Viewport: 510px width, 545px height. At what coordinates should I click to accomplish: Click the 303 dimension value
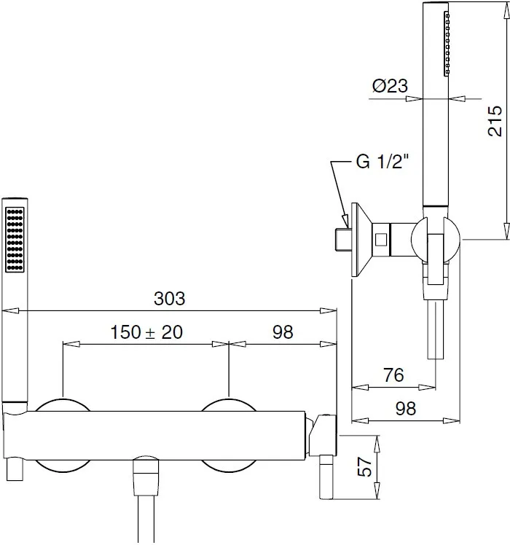tap(169, 299)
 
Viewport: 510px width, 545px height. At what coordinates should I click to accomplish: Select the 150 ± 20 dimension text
tap(146, 332)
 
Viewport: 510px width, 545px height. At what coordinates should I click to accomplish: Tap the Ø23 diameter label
tap(390, 86)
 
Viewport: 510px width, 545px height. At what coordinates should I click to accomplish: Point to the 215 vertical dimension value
tap(495, 121)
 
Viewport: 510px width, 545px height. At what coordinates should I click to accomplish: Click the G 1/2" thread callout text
tap(382, 161)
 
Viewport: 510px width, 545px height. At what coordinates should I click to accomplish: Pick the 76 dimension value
tap(393, 375)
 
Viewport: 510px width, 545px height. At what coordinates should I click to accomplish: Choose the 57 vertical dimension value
tap(364, 466)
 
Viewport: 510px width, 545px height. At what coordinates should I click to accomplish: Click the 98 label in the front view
tap(283, 332)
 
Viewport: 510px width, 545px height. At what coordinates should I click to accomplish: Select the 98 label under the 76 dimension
tap(406, 408)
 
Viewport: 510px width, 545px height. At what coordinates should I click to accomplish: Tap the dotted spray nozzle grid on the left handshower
tap(15, 239)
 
